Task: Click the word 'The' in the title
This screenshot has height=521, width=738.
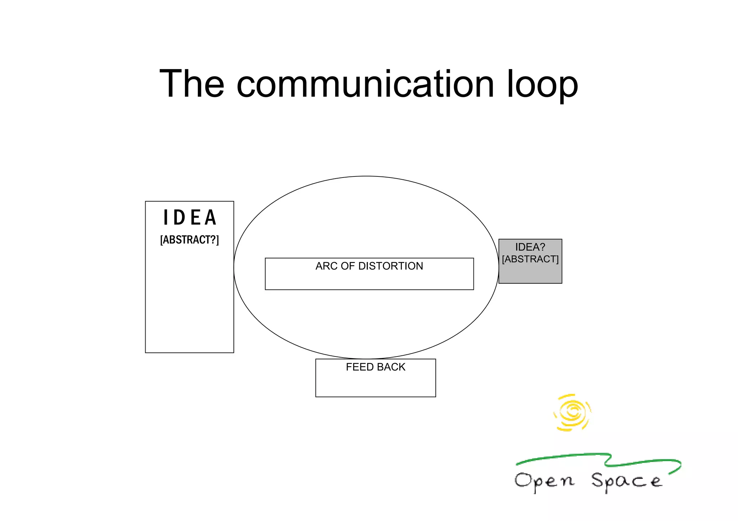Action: [192, 84]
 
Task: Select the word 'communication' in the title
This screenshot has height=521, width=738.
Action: [365, 84]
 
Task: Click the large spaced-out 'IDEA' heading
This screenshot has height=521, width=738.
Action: [190, 217]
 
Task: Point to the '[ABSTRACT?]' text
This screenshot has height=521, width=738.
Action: [190, 239]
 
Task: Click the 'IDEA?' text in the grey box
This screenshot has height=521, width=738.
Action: [530, 247]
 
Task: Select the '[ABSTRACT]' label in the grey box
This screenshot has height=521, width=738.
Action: [530, 259]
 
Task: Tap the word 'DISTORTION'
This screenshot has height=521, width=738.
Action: [391, 266]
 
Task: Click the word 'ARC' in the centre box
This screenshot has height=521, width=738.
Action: [326, 266]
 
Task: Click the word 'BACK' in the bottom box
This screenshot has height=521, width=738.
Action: [391, 367]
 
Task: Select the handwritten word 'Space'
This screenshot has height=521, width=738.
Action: [626, 482]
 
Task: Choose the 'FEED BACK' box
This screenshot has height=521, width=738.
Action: [375, 383]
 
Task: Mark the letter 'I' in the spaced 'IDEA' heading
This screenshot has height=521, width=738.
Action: [166, 217]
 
